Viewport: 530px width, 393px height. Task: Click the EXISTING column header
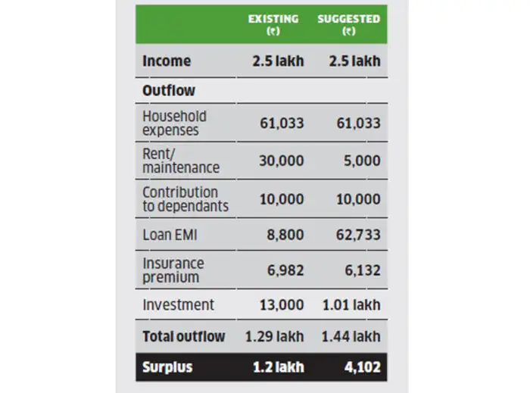click(273, 24)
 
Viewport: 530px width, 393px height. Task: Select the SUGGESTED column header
click(348, 24)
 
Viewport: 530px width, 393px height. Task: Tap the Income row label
click(167, 61)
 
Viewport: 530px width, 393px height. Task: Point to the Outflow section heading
click(169, 91)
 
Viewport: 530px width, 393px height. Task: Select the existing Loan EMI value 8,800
click(283, 235)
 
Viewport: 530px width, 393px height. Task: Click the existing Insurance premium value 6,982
click(283, 270)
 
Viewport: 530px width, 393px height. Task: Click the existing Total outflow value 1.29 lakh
click(274, 336)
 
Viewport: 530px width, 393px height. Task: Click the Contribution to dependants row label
click(185, 198)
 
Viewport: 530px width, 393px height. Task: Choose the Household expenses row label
click(174, 123)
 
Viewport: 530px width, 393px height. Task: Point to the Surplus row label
click(167, 368)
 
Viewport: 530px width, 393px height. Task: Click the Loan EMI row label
click(170, 235)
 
